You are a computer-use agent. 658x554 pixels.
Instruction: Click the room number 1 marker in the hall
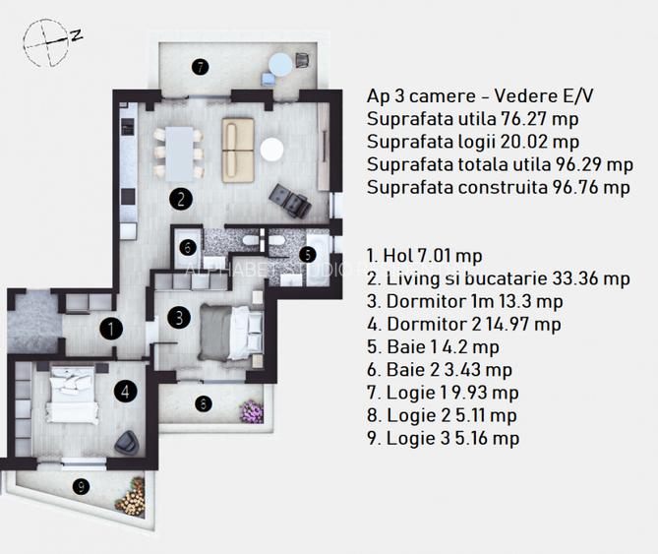point(113,329)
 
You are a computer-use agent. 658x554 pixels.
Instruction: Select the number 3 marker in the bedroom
point(178,318)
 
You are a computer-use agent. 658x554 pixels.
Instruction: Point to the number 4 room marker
point(124,391)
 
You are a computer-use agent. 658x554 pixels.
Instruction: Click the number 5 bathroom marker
point(307,252)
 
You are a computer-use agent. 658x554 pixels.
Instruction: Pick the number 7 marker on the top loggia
point(200,67)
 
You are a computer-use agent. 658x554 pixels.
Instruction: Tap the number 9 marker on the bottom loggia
point(81,485)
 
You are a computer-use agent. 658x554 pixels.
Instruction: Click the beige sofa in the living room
point(236,150)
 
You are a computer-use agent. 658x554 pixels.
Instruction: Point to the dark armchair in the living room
point(290,201)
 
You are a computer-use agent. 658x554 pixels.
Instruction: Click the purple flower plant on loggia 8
point(255,406)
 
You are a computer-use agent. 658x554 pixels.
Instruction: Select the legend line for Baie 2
point(439,370)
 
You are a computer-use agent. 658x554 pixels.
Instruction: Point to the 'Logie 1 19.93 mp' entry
point(443,394)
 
